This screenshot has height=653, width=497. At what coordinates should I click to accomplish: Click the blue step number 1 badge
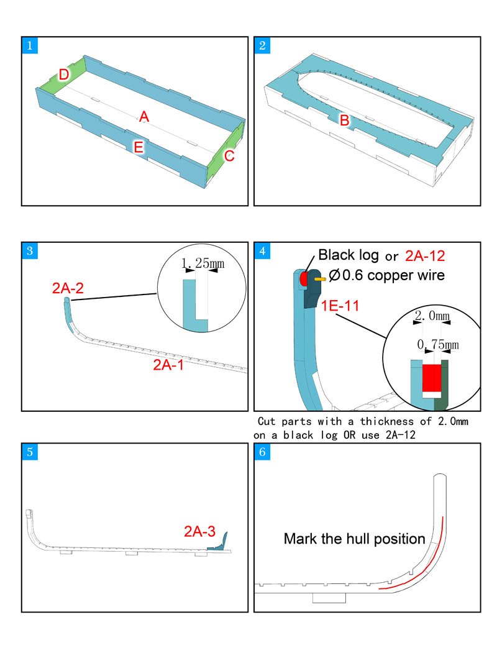[x=30, y=45]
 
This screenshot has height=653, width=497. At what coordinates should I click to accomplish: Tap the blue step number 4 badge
[x=262, y=251]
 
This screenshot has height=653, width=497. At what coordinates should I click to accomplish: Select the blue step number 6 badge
[x=262, y=452]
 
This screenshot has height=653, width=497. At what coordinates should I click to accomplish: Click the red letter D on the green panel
[x=64, y=75]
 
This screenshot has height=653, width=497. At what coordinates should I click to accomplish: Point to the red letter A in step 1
[x=144, y=117]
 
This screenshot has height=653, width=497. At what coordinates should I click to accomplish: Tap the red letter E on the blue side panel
[x=138, y=147]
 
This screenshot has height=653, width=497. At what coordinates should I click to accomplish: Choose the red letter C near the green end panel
[x=229, y=156]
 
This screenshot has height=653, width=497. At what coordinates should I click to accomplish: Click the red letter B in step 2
[x=344, y=121]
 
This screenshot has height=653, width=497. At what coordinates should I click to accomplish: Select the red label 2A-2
[x=68, y=288]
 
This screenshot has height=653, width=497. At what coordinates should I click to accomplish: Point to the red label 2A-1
[x=168, y=365]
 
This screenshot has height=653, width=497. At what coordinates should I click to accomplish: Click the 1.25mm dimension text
[x=203, y=263]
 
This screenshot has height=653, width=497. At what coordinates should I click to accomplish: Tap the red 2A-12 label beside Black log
[x=425, y=256]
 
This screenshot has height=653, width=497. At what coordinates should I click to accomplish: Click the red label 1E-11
[x=340, y=306]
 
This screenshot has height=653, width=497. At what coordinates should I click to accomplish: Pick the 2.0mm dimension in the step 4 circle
[x=432, y=316]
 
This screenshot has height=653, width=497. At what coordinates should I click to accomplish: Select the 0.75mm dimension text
[x=438, y=344]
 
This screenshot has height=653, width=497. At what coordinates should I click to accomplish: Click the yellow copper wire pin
[x=320, y=279]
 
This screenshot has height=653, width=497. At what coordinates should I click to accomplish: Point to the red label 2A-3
[x=200, y=531]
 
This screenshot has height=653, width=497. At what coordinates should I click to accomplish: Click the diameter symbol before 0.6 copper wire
[x=334, y=275]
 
